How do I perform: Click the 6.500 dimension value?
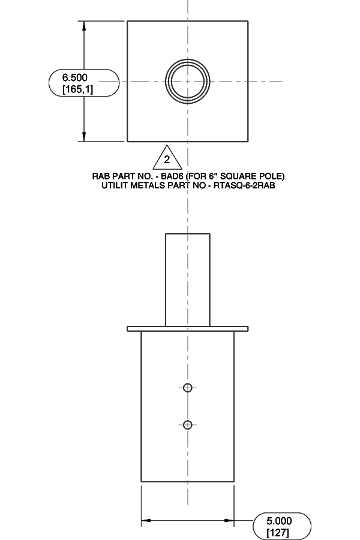74,77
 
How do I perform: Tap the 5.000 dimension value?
279,521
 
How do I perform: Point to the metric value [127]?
278,532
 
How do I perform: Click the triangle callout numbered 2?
167,157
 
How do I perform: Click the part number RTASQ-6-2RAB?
244,185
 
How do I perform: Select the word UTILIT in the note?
115,185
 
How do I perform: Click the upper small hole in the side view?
187,388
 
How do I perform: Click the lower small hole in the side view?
187,425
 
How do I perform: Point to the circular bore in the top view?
187,82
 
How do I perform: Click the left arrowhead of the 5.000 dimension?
146,520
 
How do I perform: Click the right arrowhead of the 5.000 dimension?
229,520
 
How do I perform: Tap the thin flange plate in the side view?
187,329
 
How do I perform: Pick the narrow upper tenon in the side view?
187,280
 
